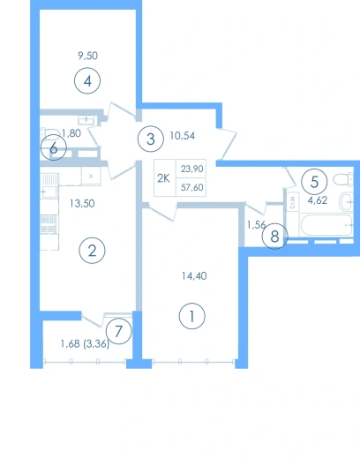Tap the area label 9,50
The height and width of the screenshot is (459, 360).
tap(87, 56)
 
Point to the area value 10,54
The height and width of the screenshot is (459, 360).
tap(183, 136)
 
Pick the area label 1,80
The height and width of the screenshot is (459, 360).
tap(71, 133)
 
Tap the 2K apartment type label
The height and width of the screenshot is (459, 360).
tap(163, 178)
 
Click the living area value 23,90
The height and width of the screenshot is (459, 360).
tap(191, 169)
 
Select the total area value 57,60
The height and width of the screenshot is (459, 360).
tap(191, 187)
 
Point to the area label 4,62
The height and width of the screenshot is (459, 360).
tap(318, 200)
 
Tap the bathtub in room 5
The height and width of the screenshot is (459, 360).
tap(326, 225)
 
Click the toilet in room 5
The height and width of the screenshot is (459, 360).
tap(343, 179)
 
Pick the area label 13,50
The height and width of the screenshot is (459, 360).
tap(82, 203)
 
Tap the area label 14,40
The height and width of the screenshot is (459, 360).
tap(194, 276)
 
